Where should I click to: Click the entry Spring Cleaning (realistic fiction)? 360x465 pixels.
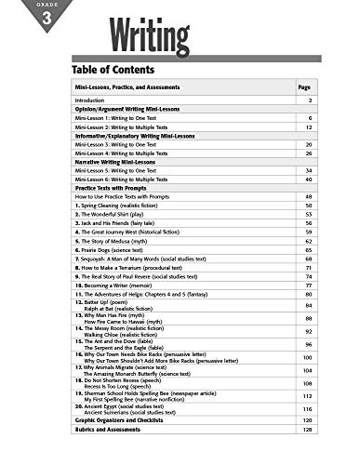click(127, 206)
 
